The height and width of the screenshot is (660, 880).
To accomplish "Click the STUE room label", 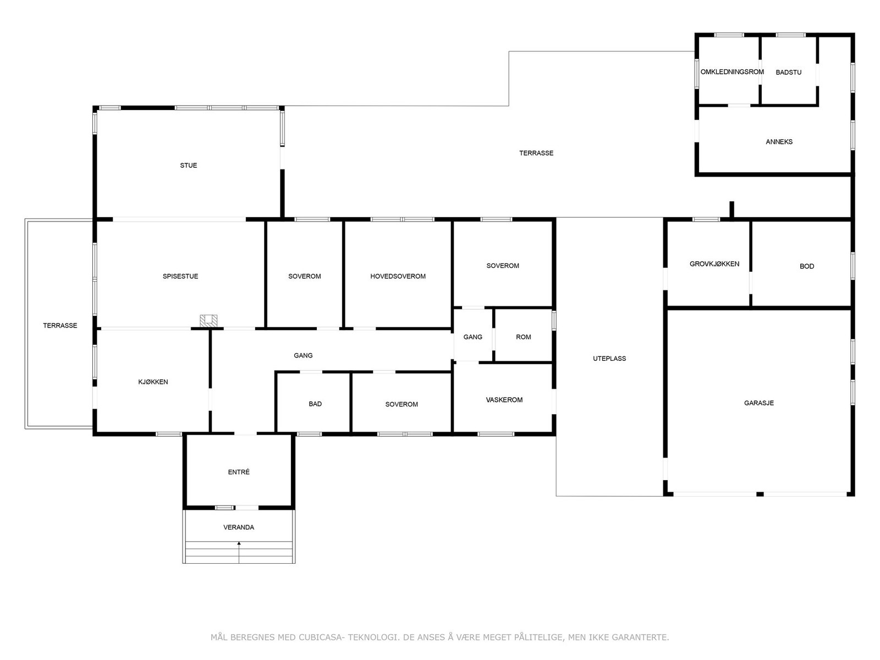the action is tap(189, 166).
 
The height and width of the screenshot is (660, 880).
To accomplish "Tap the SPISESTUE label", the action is tap(180, 277).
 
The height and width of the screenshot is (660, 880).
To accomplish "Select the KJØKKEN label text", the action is tap(153, 382).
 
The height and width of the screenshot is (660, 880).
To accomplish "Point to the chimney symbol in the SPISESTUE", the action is tap(209, 321).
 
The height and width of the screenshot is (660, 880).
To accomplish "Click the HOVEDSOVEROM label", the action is tap(398, 277).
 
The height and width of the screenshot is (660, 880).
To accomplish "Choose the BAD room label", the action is tap(315, 404).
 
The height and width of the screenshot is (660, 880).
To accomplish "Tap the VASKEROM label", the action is tap(504, 400).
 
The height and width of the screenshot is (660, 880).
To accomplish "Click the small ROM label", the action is tap(524, 337).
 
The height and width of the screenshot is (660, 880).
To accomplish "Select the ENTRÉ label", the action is tap(239, 472).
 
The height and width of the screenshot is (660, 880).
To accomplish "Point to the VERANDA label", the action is tap(239, 527).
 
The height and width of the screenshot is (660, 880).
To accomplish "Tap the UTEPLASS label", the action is tap(609, 359).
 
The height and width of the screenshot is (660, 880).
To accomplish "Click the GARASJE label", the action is tap(759, 403).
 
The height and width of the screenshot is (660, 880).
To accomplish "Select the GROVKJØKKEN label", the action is tap(714, 264).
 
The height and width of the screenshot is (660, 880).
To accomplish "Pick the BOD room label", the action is tap(807, 267).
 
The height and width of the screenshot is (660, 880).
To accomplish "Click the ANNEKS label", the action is tap(779, 142).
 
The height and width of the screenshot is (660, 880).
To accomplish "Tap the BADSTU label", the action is tap(789, 73).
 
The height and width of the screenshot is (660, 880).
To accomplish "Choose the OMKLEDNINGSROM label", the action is tap(732, 72).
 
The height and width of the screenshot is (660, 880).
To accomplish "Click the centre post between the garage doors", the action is tap(760, 494).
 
